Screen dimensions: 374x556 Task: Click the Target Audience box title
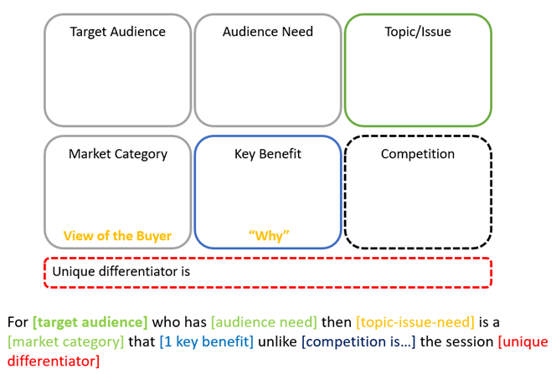click(117, 32)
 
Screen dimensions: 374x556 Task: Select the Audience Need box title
click(268, 32)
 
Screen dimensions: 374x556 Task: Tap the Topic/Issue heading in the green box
click(418, 32)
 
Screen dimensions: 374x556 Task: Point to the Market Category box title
click(118, 154)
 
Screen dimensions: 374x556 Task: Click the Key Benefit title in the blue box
click(268, 154)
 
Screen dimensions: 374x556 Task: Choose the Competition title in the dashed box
click(418, 154)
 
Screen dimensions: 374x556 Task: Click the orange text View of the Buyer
click(117, 235)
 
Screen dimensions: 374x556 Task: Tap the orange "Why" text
click(268, 235)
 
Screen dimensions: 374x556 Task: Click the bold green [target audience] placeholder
click(90, 321)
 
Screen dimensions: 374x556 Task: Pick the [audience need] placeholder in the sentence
click(265, 321)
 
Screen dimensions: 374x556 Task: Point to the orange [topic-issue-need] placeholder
click(415, 321)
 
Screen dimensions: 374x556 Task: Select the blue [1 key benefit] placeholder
click(206, 341)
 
